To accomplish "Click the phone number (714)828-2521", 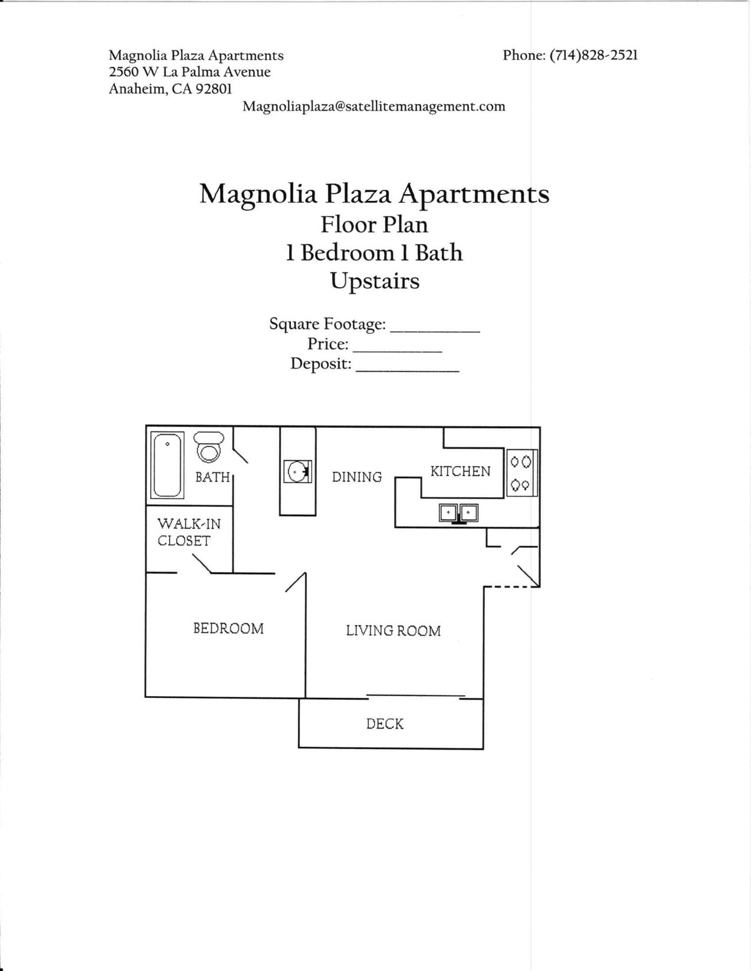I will click(594, 55).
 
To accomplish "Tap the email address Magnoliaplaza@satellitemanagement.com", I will click(374, 107).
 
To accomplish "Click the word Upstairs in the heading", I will click(375, 281).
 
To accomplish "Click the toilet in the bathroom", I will click(209, 447).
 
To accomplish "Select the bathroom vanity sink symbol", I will click(297, 471).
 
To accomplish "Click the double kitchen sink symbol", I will click(458, 513).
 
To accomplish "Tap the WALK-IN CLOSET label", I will click(188, 532).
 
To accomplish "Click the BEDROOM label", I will click(229, 629).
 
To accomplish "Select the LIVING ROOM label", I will click(393, 631).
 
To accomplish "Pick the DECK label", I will click(385, 724).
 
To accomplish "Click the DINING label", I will click(356, 477).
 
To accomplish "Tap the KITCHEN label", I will click(460, 471).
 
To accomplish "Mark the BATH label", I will click(212, 477).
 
